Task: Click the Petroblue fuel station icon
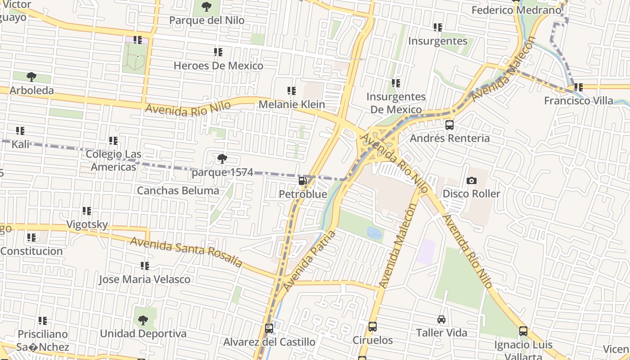[303, 181]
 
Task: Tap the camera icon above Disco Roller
[471, 180]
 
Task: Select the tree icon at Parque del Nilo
[207, 7]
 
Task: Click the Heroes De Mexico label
[218, 66]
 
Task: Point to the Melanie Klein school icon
[292, 91]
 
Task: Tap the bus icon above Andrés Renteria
[449, 125]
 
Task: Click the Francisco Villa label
[578, 100]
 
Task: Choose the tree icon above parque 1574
[222, 158]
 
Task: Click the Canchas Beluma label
[178, 190]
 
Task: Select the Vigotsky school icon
[87, 211]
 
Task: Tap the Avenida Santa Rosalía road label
[186, 252]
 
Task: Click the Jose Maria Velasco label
[144, 279]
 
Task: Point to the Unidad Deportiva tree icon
[143, 320]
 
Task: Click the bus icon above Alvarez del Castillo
[269, 328]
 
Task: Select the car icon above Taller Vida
[441, 319]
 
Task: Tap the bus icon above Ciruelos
[372, 327]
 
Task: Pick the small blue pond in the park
[374, 233]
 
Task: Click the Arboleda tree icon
[31, 77]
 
